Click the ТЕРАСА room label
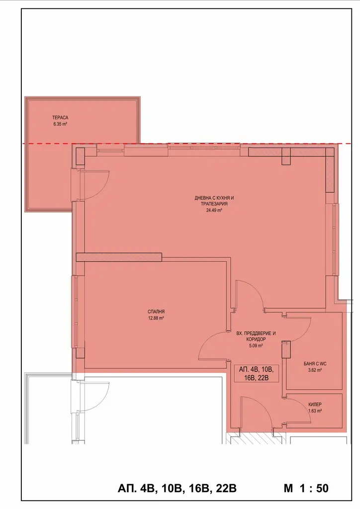click(x=60, y=118)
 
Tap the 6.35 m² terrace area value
click(x=60, y=124)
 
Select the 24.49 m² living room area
click(x=214, y=210)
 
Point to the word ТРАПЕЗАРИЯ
click(x=214, y=204)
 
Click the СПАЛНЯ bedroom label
click(x=156, y=312)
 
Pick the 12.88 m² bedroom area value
click(x=156, y=318)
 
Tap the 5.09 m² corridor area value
click(x=256, y=346)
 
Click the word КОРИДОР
click(x=256, y=339)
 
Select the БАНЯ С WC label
click(x=315, y=364)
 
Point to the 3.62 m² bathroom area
click(x=315, y=370)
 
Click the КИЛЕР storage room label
click(x=315, y=405)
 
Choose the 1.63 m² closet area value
click(x=315, y=411)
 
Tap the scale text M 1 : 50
click(x=306, y=488)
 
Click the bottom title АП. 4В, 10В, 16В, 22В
click(x=177, y=488)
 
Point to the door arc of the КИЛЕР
click(x=303, y=406)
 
